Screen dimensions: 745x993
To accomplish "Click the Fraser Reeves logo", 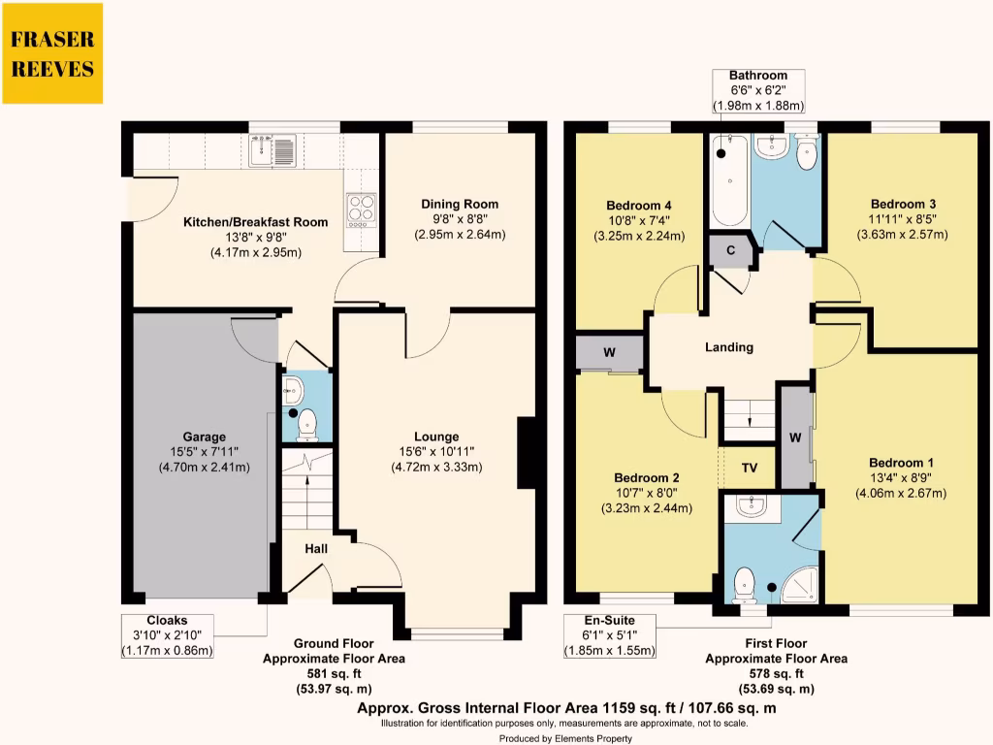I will point(52,53).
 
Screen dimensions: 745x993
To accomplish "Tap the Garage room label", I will point(204,437).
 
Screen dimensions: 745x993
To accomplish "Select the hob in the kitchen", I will point(361,208).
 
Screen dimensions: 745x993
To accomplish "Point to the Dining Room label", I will point(460,204).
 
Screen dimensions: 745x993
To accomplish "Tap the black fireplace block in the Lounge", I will point(527,452).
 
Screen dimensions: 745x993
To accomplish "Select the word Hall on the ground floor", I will point(316,549).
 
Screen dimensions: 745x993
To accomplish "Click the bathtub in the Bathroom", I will point(728,179).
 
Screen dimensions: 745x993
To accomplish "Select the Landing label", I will point(728,347).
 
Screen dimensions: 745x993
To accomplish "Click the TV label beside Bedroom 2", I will point(750,467).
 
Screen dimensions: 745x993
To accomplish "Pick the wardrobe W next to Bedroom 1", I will point(795,437).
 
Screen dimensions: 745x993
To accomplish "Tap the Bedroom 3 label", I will point(903,204).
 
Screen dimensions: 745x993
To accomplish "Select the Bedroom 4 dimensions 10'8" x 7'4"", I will point(639,221).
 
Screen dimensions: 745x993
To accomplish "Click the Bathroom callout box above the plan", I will point(758,90).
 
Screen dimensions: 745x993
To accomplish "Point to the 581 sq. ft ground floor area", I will point(334,674).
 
